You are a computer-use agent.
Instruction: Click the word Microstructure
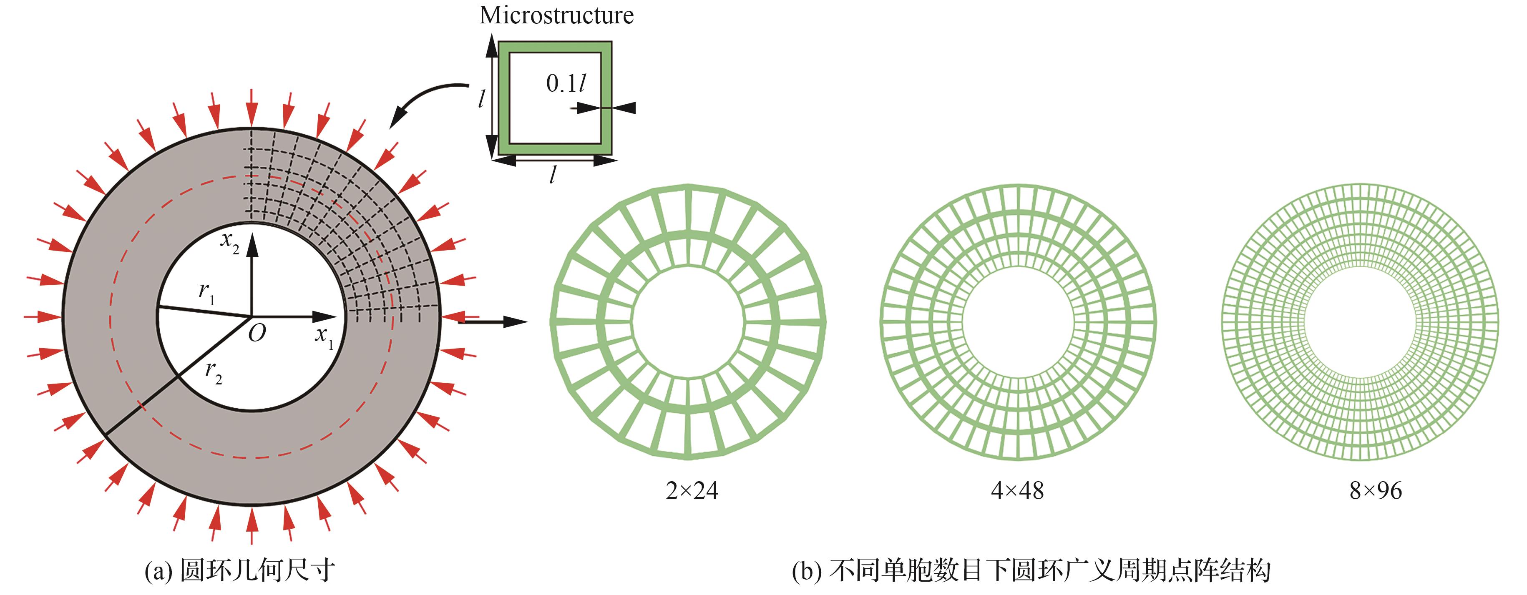(x=556, y=15)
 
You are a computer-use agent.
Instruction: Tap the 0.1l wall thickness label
(x=566, y=83)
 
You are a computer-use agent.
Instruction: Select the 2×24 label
(x=692, y=491)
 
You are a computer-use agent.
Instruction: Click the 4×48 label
(x=1017, y=491)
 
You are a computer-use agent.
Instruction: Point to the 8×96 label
(x=1375, y=491)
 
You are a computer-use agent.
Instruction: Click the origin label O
(x=257, y=334)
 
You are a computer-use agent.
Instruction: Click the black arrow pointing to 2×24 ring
(x=492, y=322)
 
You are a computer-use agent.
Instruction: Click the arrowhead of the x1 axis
(x=325, y=316)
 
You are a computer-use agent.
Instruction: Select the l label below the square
(x=553, y=174)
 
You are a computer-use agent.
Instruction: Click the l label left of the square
(x=482, y=98)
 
